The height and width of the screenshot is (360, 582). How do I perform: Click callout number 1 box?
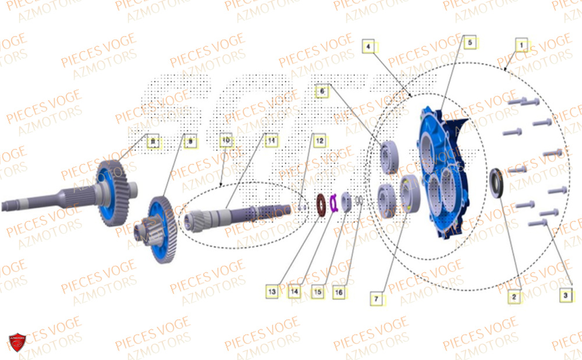coord(522,44)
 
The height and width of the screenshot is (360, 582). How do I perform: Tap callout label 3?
coord(564,295)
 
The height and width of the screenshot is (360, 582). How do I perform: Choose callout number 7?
coord(377,299)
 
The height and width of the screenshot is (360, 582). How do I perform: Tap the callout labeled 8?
coord(152,141)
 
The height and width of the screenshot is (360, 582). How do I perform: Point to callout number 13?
coord(272,291)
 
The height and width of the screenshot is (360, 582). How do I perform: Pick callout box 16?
coord(338,293)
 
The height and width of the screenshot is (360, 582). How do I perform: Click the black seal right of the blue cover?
coord(496,183)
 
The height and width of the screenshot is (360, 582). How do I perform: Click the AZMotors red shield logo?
coord(17,343)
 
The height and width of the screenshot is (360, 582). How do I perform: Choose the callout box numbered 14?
coord(295,291)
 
